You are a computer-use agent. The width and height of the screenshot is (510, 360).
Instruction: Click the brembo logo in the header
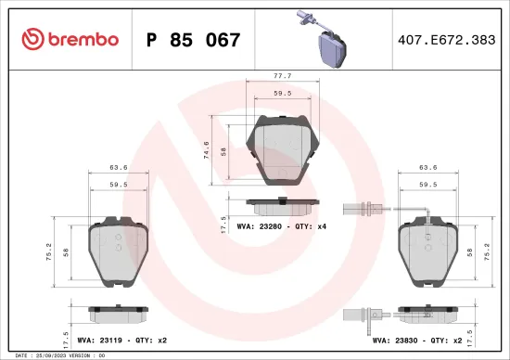pyautogui.click(x=70, y=39)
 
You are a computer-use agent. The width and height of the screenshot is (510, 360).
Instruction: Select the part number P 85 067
pyautogui.click(x=194, y=40)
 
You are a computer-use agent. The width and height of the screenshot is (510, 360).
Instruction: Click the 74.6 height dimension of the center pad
pyautogui.click(x=206, y=149)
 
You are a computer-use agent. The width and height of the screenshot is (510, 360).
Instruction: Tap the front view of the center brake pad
pyautogui.click(x=283, y=148)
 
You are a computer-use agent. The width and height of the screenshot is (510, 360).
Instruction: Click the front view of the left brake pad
pyautogui.click(x=118, y=253)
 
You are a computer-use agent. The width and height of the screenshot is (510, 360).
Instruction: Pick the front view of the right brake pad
pyautogui.click(x=427, y=253)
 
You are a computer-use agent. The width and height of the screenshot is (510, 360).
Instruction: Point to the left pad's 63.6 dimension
pyautogui.click(x=118, y=169)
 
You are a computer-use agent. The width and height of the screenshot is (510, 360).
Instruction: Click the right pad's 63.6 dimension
pyautogui.click(x=427, y=169)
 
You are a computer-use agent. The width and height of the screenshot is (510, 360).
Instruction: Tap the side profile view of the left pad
pyautogui.click(x=118, y=314)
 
